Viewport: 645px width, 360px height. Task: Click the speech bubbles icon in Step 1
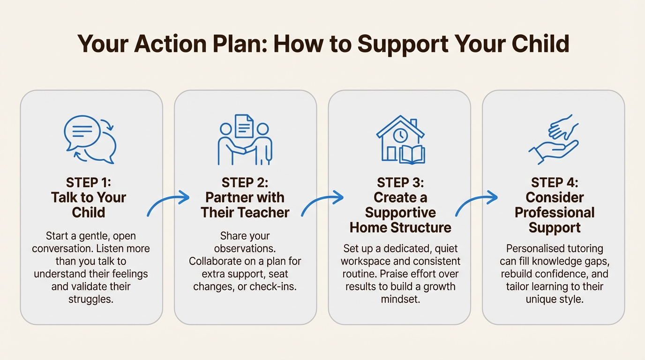tap(90, 139)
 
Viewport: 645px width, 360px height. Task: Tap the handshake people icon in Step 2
tap(245, 139)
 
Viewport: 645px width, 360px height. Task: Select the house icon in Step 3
tap(400, 139)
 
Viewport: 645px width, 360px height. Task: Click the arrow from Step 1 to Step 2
tap(168, 203)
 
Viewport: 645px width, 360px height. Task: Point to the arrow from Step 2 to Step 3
tap(322, 203)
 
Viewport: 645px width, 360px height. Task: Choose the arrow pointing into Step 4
tap(476, 203)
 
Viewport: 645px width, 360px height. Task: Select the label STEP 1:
tap(89, 182)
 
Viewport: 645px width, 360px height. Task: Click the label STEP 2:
tap(245, 182)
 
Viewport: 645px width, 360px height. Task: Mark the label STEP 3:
tap(400, 182)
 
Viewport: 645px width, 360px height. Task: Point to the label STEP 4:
tap(555, 182)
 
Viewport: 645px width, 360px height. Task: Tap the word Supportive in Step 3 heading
tap(400, 212)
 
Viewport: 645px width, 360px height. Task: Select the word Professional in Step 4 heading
tap(555, 212)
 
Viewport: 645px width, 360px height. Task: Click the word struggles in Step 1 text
tap(91, 299)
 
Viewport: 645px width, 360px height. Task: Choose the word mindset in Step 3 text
tap(399, 299)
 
